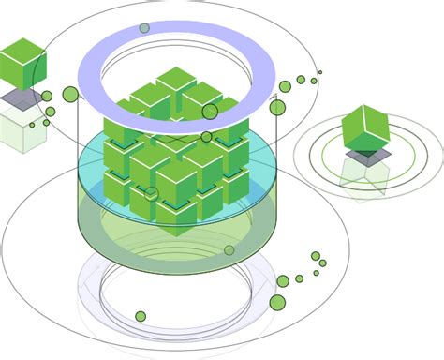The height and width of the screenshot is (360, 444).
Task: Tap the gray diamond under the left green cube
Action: pos(21,98)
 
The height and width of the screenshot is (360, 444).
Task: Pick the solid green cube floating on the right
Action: pos(365,127)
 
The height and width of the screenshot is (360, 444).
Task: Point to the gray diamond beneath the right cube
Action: pos(367,156)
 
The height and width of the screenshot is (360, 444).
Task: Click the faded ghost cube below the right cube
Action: pos(365,176)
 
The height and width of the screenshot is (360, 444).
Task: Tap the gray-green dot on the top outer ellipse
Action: pos(144,28)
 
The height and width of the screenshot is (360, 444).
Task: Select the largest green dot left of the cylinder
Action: pos(70,94)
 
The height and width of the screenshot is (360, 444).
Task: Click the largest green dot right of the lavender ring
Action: pos(277,108)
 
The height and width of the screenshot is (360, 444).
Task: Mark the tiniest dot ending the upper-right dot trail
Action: pos(319,72)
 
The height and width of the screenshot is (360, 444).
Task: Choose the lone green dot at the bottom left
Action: pos(141,316)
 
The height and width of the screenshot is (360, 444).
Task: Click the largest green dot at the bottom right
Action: pos(277,302)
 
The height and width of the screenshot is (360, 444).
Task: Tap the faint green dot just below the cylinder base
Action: pos(229,250)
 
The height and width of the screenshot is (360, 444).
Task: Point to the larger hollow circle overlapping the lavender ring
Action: pos(210,112)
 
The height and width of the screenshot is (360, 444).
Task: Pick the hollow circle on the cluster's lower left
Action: pos(152,193)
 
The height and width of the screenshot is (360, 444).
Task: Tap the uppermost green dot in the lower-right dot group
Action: pos(316,256)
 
